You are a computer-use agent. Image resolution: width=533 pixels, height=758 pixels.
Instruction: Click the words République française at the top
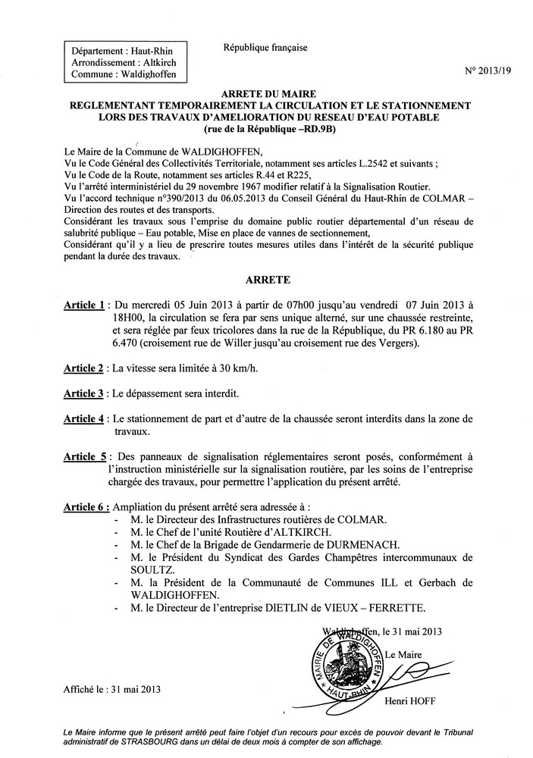[265, 48]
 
